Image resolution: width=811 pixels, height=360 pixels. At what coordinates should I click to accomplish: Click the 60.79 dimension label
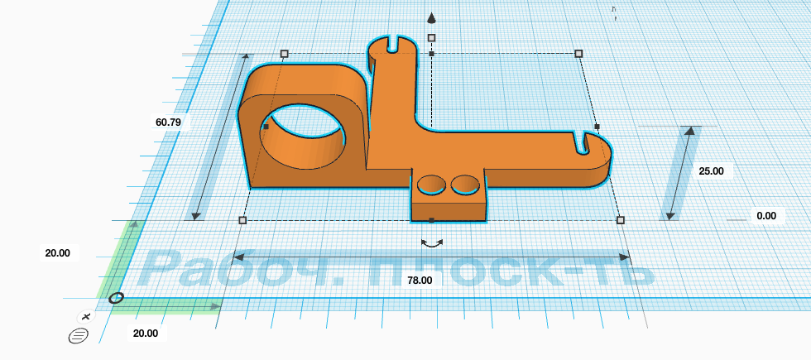168,122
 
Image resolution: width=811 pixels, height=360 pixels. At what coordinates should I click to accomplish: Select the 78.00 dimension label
420,281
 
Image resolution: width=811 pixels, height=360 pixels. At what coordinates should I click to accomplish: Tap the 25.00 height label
711,171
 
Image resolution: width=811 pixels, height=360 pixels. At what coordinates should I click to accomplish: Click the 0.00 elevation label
766,216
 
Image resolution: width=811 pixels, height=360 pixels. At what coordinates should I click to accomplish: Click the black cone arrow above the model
431,18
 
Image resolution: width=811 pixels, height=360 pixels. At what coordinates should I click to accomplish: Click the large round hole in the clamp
302,136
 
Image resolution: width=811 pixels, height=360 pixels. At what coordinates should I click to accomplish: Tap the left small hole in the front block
431,185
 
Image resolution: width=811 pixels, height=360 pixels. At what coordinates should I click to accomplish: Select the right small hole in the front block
465,185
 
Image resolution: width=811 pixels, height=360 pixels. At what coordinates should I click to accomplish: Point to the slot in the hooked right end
583,142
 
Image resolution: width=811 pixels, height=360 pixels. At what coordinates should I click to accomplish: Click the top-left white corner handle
284,54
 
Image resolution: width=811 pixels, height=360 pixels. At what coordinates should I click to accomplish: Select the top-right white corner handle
578,54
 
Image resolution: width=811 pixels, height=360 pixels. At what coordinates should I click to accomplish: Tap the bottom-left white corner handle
242,220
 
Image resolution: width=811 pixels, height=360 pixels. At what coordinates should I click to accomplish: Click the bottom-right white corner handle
621,220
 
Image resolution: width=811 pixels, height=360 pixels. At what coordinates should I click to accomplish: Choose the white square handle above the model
432,38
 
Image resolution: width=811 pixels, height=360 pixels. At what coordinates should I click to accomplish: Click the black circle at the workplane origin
117,298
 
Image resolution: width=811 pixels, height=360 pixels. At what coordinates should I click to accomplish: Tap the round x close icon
86,316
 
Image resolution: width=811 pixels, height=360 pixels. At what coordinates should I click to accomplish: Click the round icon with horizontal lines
79,336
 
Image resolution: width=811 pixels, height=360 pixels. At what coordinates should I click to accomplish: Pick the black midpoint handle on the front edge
432,220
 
